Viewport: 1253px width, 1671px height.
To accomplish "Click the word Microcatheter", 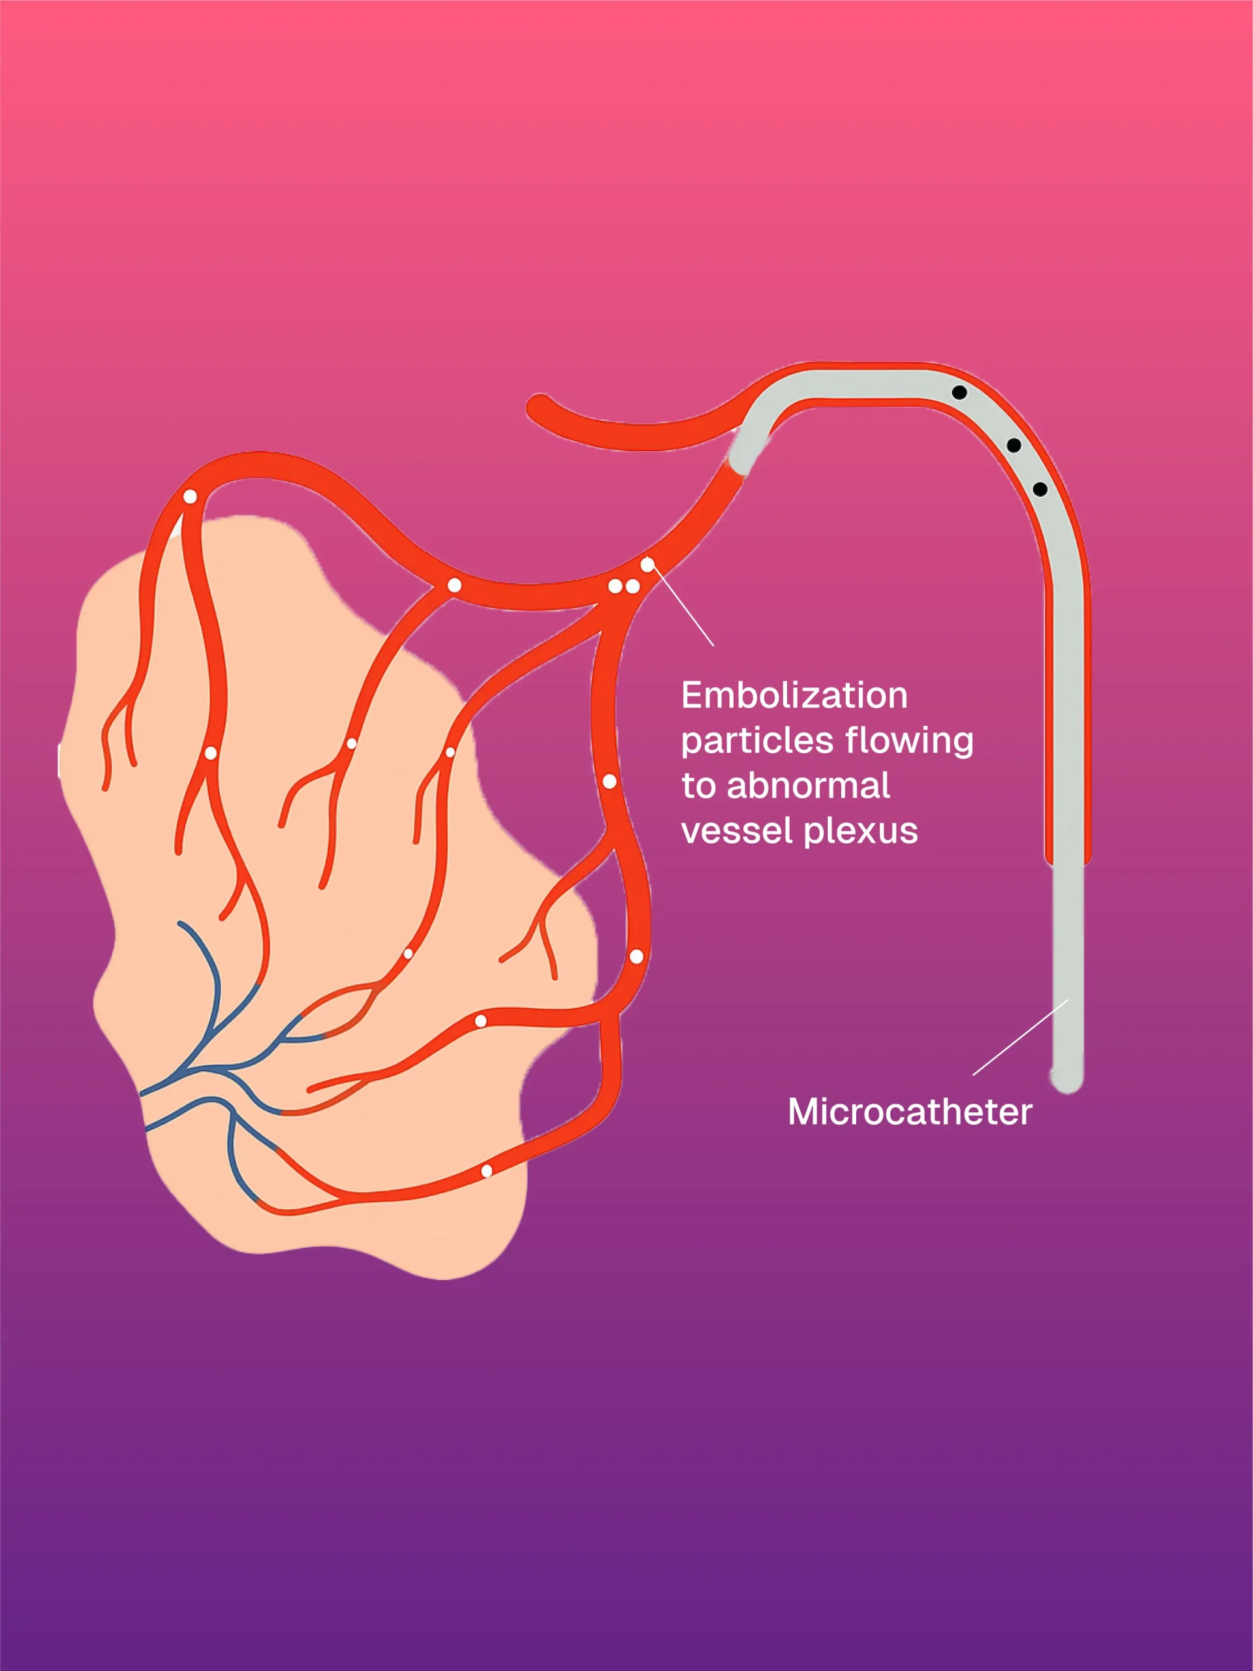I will [x=909, y=1112].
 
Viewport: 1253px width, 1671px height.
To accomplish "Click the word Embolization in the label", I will [x=794, y=695].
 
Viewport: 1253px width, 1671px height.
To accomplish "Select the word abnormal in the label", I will [x=808, y=786].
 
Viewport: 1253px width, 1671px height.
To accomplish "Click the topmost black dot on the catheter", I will [x=959, y=392].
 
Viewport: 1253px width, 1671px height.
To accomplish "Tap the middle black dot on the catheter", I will [x=1014, y=445].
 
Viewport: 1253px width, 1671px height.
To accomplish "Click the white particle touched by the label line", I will [x=647, y=565].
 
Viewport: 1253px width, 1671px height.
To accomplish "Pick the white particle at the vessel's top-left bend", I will [x=191, y=496].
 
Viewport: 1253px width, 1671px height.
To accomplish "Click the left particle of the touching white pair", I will [x=615, y=586].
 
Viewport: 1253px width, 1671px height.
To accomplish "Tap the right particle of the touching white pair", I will [x=633, y=586].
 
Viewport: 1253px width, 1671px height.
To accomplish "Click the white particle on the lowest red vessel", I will [x=487, y=1171].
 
